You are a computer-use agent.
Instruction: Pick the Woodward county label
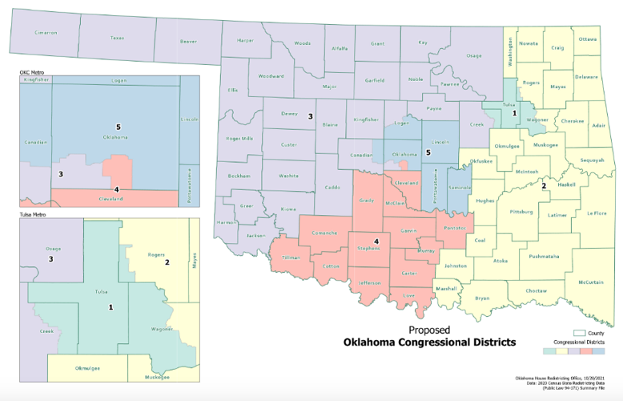point(271,76)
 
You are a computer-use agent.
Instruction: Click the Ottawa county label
point(588,38)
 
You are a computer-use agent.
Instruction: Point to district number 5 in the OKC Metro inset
point(118,127)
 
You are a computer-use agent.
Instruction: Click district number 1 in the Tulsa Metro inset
point(111,307)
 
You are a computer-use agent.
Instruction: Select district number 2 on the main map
point(544,186)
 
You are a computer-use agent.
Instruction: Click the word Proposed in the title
point(429,330)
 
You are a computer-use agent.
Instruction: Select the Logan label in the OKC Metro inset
point(119,81)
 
